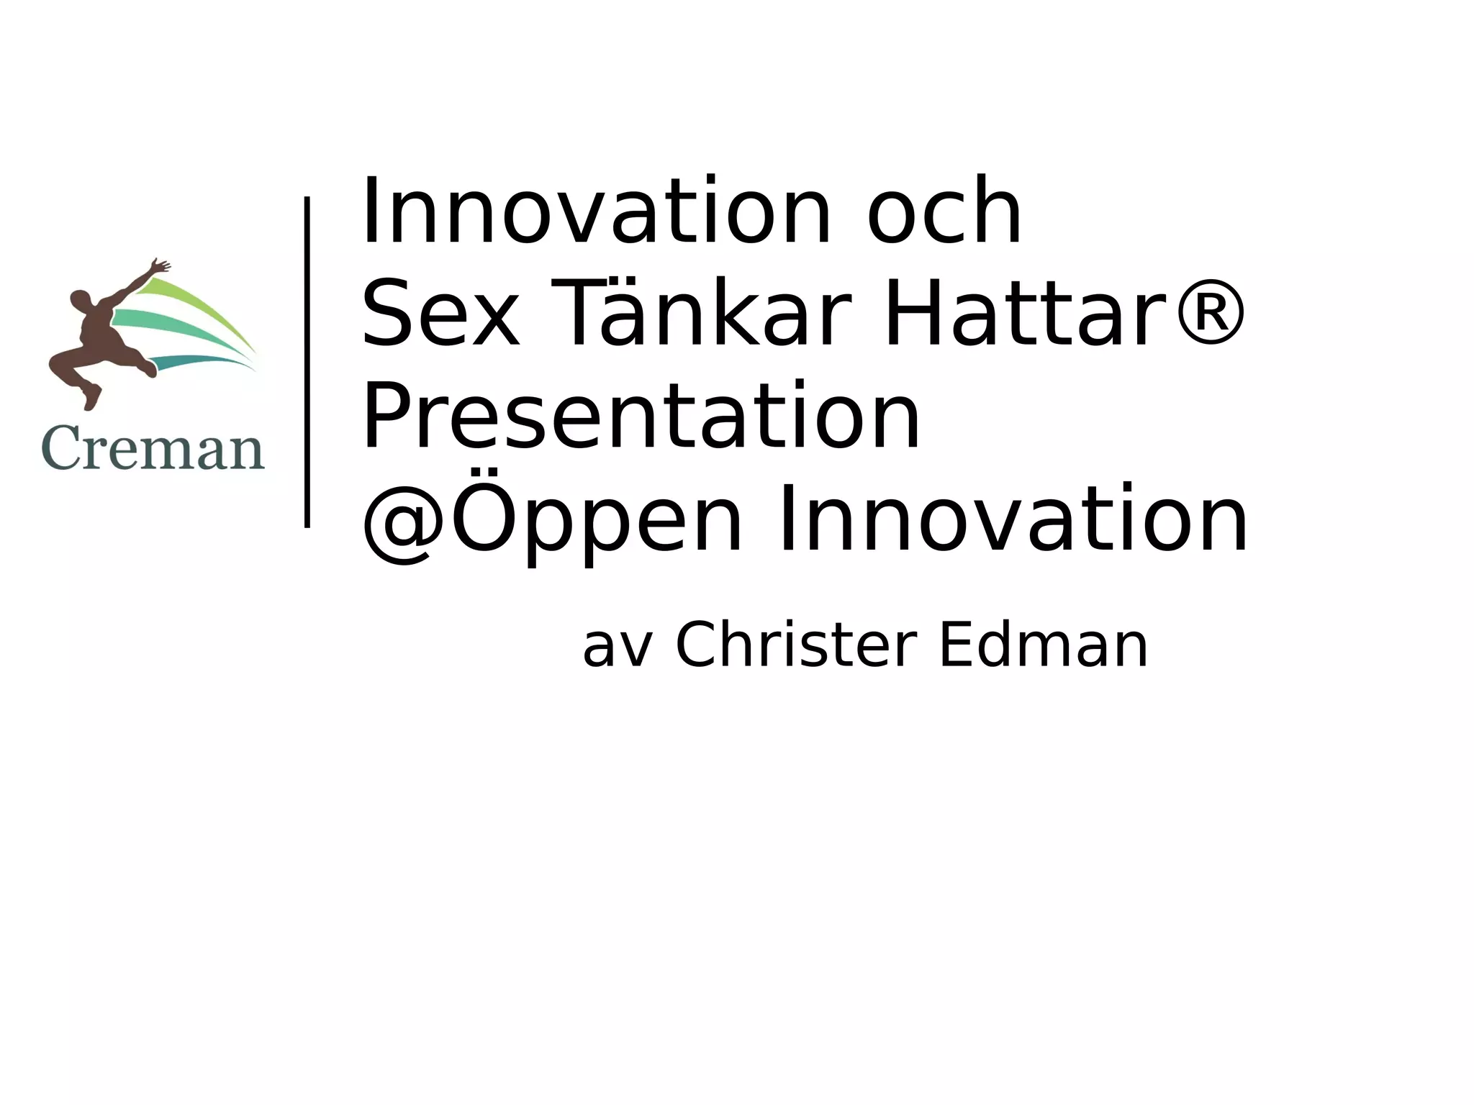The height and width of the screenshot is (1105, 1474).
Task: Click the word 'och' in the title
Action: tap(944, 212)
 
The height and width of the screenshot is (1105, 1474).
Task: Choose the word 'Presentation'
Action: tap(641, 417)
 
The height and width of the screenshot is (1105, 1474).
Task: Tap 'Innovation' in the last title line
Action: tap(1013, 519)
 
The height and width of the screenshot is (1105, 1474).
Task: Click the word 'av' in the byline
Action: tap(618, 647)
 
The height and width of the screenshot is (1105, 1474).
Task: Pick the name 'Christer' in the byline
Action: tap(796, 645)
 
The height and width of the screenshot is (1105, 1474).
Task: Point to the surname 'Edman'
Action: tap(1043, 645)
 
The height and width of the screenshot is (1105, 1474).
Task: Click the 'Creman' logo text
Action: tap(153, 449)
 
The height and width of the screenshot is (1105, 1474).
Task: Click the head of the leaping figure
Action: tap(80, 301)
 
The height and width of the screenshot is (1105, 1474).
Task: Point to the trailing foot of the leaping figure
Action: tap(91, 398)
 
